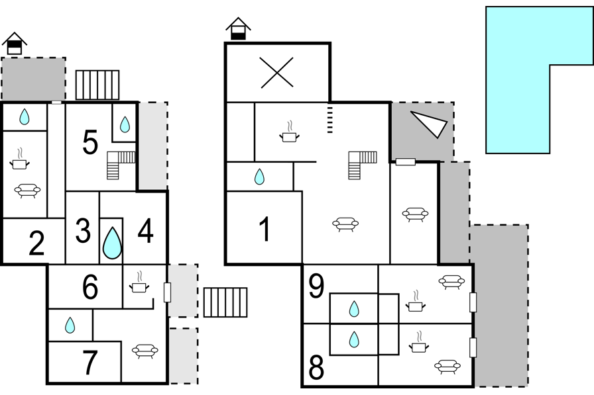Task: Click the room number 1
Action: [265, 230]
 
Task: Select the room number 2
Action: [36, 243]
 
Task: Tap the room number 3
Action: [83, 230]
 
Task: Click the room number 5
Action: [90, 142]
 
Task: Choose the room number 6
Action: [90, 287]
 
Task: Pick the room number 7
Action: [90, 362]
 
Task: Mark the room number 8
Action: [317, 368]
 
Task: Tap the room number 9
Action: [317, 286]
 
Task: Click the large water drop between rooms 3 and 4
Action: [112, 243]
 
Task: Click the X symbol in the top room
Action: [277, 73]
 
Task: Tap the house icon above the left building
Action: [15, 44]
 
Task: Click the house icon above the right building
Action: [238, 29]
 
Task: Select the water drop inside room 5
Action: [125, 124]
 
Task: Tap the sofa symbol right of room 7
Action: [145, 351]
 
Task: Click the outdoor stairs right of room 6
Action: [225, 302]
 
